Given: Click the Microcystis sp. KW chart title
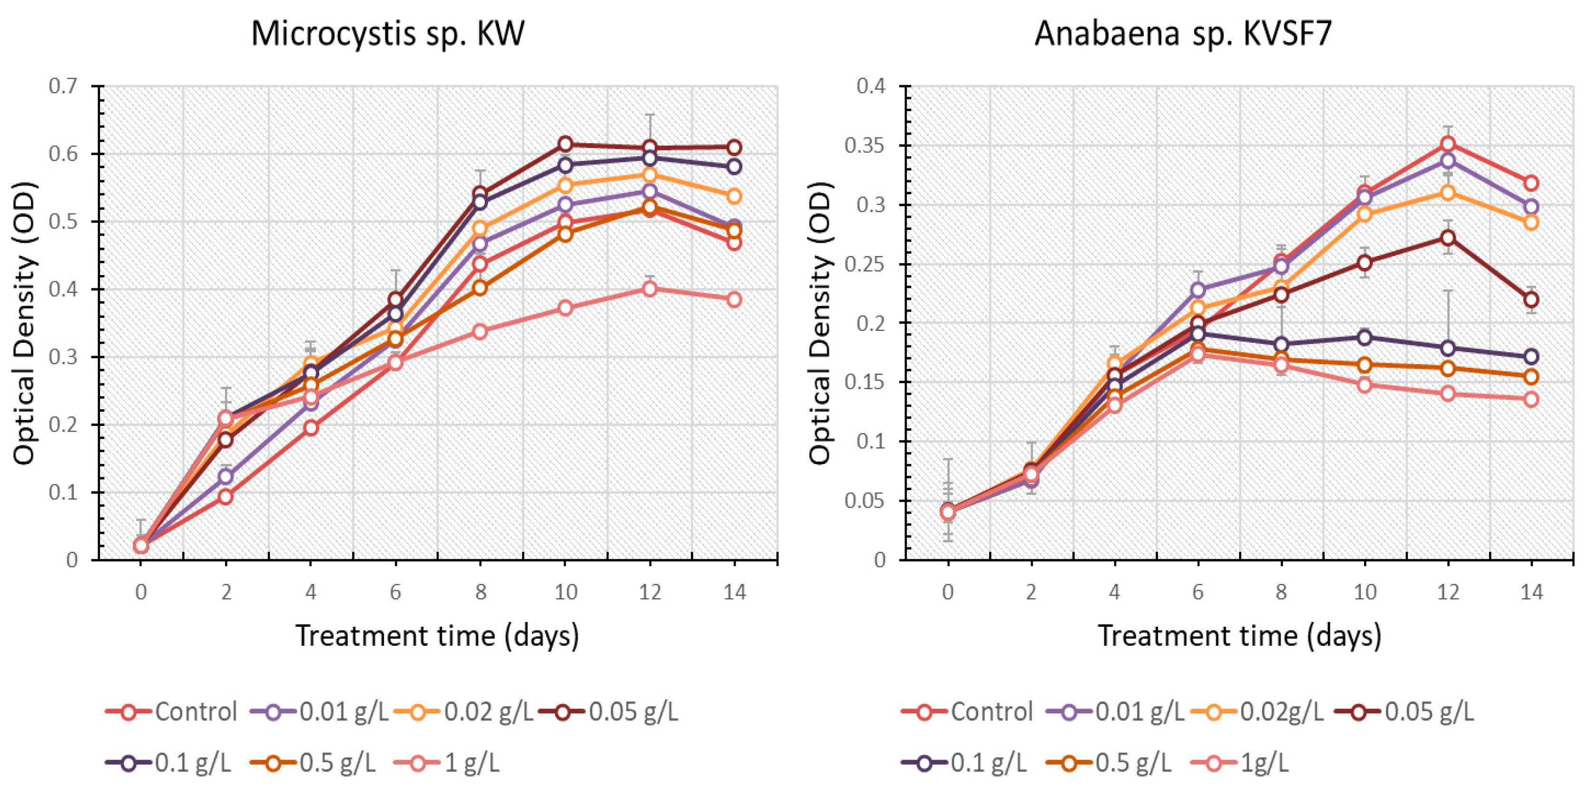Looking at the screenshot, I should tap(388, 33).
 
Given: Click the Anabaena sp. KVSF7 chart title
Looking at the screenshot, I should tap(1183, 33).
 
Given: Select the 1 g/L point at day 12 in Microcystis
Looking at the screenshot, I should tap(649, 288).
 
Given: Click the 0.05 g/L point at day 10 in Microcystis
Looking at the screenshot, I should tap(565, 144).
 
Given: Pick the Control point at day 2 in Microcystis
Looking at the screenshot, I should tap(226, 496).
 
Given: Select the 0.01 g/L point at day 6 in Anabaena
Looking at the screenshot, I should tap(1198, 289).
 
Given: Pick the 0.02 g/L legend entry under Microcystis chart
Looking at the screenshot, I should tap(463, 711).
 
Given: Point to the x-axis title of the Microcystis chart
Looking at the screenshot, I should tap(437, 636).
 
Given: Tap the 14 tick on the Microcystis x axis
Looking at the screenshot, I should tap(734, 592).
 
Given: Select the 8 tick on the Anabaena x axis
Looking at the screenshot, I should tap(1281, 592).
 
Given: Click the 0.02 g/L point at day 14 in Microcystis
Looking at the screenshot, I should tap(734, 196).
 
